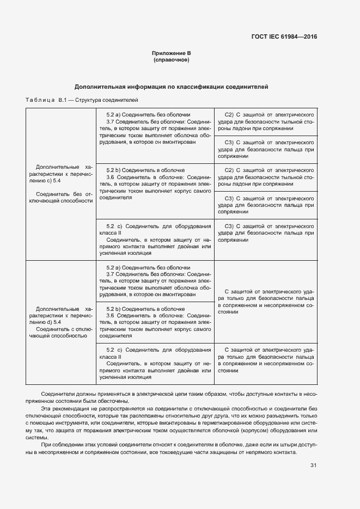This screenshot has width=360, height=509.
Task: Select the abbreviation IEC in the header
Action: pyautogui.click(x=278, y=37)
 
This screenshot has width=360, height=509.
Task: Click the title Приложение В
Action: pyautogui.click(x=171, y=53)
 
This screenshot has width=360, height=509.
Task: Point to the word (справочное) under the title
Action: pyautogui.click(x=171, y=59)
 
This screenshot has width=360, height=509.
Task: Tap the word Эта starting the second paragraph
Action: pyautogui.click(x=46, y=408)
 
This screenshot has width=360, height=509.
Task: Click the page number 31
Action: pyautogui.click(x=313, y=465)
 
